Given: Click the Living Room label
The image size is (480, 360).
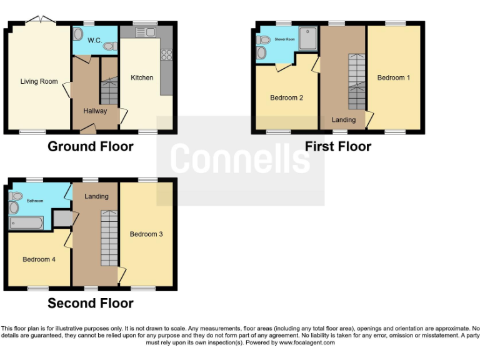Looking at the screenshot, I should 39,81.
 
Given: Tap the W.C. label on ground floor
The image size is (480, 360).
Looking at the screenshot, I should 94,41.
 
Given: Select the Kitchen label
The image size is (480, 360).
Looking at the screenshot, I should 142,77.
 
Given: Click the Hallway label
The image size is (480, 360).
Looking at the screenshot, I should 95,111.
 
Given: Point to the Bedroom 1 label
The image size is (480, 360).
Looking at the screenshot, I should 394,78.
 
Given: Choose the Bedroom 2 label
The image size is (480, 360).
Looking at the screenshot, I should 287,97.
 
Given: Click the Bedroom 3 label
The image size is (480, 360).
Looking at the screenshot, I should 146,234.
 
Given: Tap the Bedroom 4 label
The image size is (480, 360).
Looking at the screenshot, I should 39,259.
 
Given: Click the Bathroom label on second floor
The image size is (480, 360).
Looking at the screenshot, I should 35,201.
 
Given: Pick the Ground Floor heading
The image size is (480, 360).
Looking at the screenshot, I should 91,147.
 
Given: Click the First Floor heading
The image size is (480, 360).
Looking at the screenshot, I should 338,147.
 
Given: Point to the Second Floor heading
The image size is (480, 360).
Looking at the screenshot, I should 91,304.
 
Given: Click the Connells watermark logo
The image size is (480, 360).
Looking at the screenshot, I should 240,159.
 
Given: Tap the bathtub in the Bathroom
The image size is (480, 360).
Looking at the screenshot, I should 26,223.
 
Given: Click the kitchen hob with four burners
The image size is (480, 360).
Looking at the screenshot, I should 167,54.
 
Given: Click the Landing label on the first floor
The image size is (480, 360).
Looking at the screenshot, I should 344,119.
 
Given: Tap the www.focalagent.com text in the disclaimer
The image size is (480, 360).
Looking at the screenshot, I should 307,342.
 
